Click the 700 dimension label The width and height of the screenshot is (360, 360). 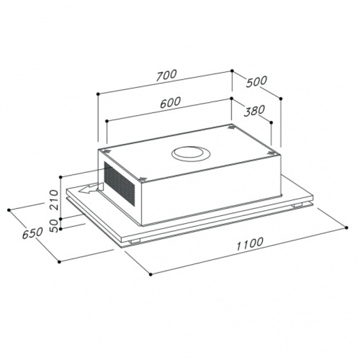tap(166, 75)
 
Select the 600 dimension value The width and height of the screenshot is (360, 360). tap(171, 103)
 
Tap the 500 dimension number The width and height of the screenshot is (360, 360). tap(256, 81)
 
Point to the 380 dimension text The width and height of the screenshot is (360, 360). tap(254, 111)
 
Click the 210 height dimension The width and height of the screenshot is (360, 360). tap(54, 199)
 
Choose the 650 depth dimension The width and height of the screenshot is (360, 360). tap(32, 233)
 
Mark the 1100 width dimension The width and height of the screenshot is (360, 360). tap(249, 244)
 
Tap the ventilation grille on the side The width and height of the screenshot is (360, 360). tap(119, 183)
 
